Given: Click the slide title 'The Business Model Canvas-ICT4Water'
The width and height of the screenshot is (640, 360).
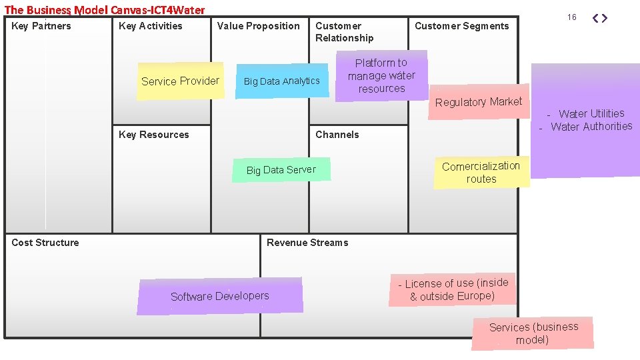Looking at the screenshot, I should click(105, 10).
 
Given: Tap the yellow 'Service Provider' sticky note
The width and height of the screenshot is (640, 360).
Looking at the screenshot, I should click(180, 81).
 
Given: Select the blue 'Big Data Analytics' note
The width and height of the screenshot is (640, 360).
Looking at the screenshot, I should click(282, 81).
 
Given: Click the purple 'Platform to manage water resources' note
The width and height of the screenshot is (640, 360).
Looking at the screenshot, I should click(381, 76).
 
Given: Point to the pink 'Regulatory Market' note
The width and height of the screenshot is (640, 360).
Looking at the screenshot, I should click(479, 102).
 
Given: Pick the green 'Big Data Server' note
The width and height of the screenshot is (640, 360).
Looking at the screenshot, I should click(281, 170).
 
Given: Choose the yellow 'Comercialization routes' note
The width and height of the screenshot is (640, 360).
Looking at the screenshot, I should click(481, 172).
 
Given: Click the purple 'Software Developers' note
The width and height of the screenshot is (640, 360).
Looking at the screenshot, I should click(220, 296).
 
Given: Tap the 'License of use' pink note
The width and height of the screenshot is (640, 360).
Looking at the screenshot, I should click(453, 290).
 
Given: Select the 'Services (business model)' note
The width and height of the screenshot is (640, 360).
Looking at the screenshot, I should click(533, 333).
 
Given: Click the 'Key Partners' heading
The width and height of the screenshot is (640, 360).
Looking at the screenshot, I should click(41, 26).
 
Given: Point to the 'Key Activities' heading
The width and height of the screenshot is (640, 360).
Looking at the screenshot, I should click(150, 26).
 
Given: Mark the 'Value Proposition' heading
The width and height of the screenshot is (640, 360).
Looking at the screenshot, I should click(259, 26).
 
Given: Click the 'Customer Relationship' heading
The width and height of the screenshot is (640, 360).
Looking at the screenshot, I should click(344, 32).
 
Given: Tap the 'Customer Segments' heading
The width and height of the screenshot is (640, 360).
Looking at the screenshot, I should click(461, 26).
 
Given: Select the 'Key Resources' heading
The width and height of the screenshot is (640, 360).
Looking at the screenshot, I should click(153, 135).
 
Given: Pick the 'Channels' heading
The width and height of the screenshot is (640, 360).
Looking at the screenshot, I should click(337, 135).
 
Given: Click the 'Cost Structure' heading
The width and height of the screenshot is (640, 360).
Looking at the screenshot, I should click(45, 243).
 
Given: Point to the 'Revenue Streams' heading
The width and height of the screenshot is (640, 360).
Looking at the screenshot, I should click(307, 243).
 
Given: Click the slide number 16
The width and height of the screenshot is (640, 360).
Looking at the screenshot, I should click(572, 17).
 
